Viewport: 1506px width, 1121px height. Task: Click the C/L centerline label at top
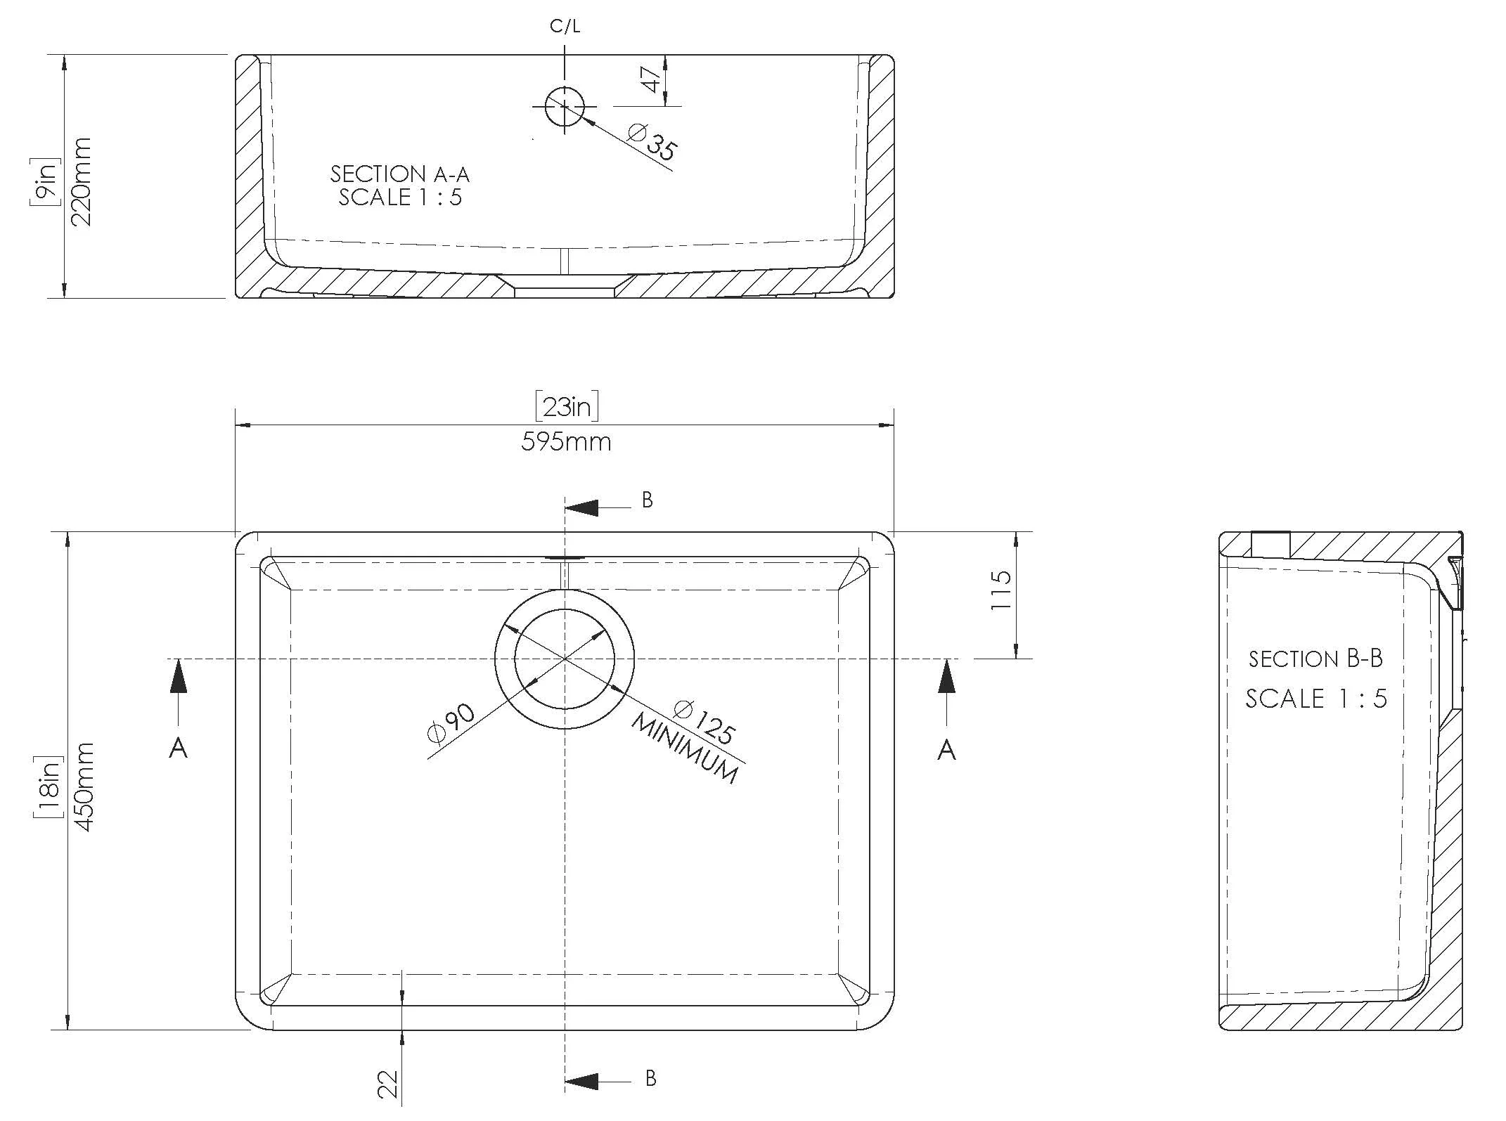(x=565, y=27)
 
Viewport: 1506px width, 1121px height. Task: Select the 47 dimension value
(x=652, y=80)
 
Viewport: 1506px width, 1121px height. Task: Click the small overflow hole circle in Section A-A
(x=565, y=107)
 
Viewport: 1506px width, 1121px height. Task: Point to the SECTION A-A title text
(x=399, y=174)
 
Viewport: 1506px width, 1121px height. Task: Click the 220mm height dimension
(x=82, y=181)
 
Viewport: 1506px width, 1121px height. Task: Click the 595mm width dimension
(x=566, y=442)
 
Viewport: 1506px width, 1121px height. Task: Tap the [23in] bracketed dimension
(x=567, y=407)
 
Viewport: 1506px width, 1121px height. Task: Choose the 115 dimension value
(x=1000, y=590)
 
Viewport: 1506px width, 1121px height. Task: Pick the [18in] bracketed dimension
(x=48, y=786)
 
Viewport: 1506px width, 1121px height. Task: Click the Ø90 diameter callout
(x=451, y=723)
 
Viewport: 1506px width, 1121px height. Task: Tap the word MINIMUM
(x=685, y=749)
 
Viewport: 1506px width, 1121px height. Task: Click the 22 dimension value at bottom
(x=387, y=1083)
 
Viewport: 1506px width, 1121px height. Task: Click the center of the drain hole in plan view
(x=565, y=659)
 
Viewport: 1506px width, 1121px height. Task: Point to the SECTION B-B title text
(x=1315, y=659)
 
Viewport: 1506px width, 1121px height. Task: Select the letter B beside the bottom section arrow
(x=650, y=1078)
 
